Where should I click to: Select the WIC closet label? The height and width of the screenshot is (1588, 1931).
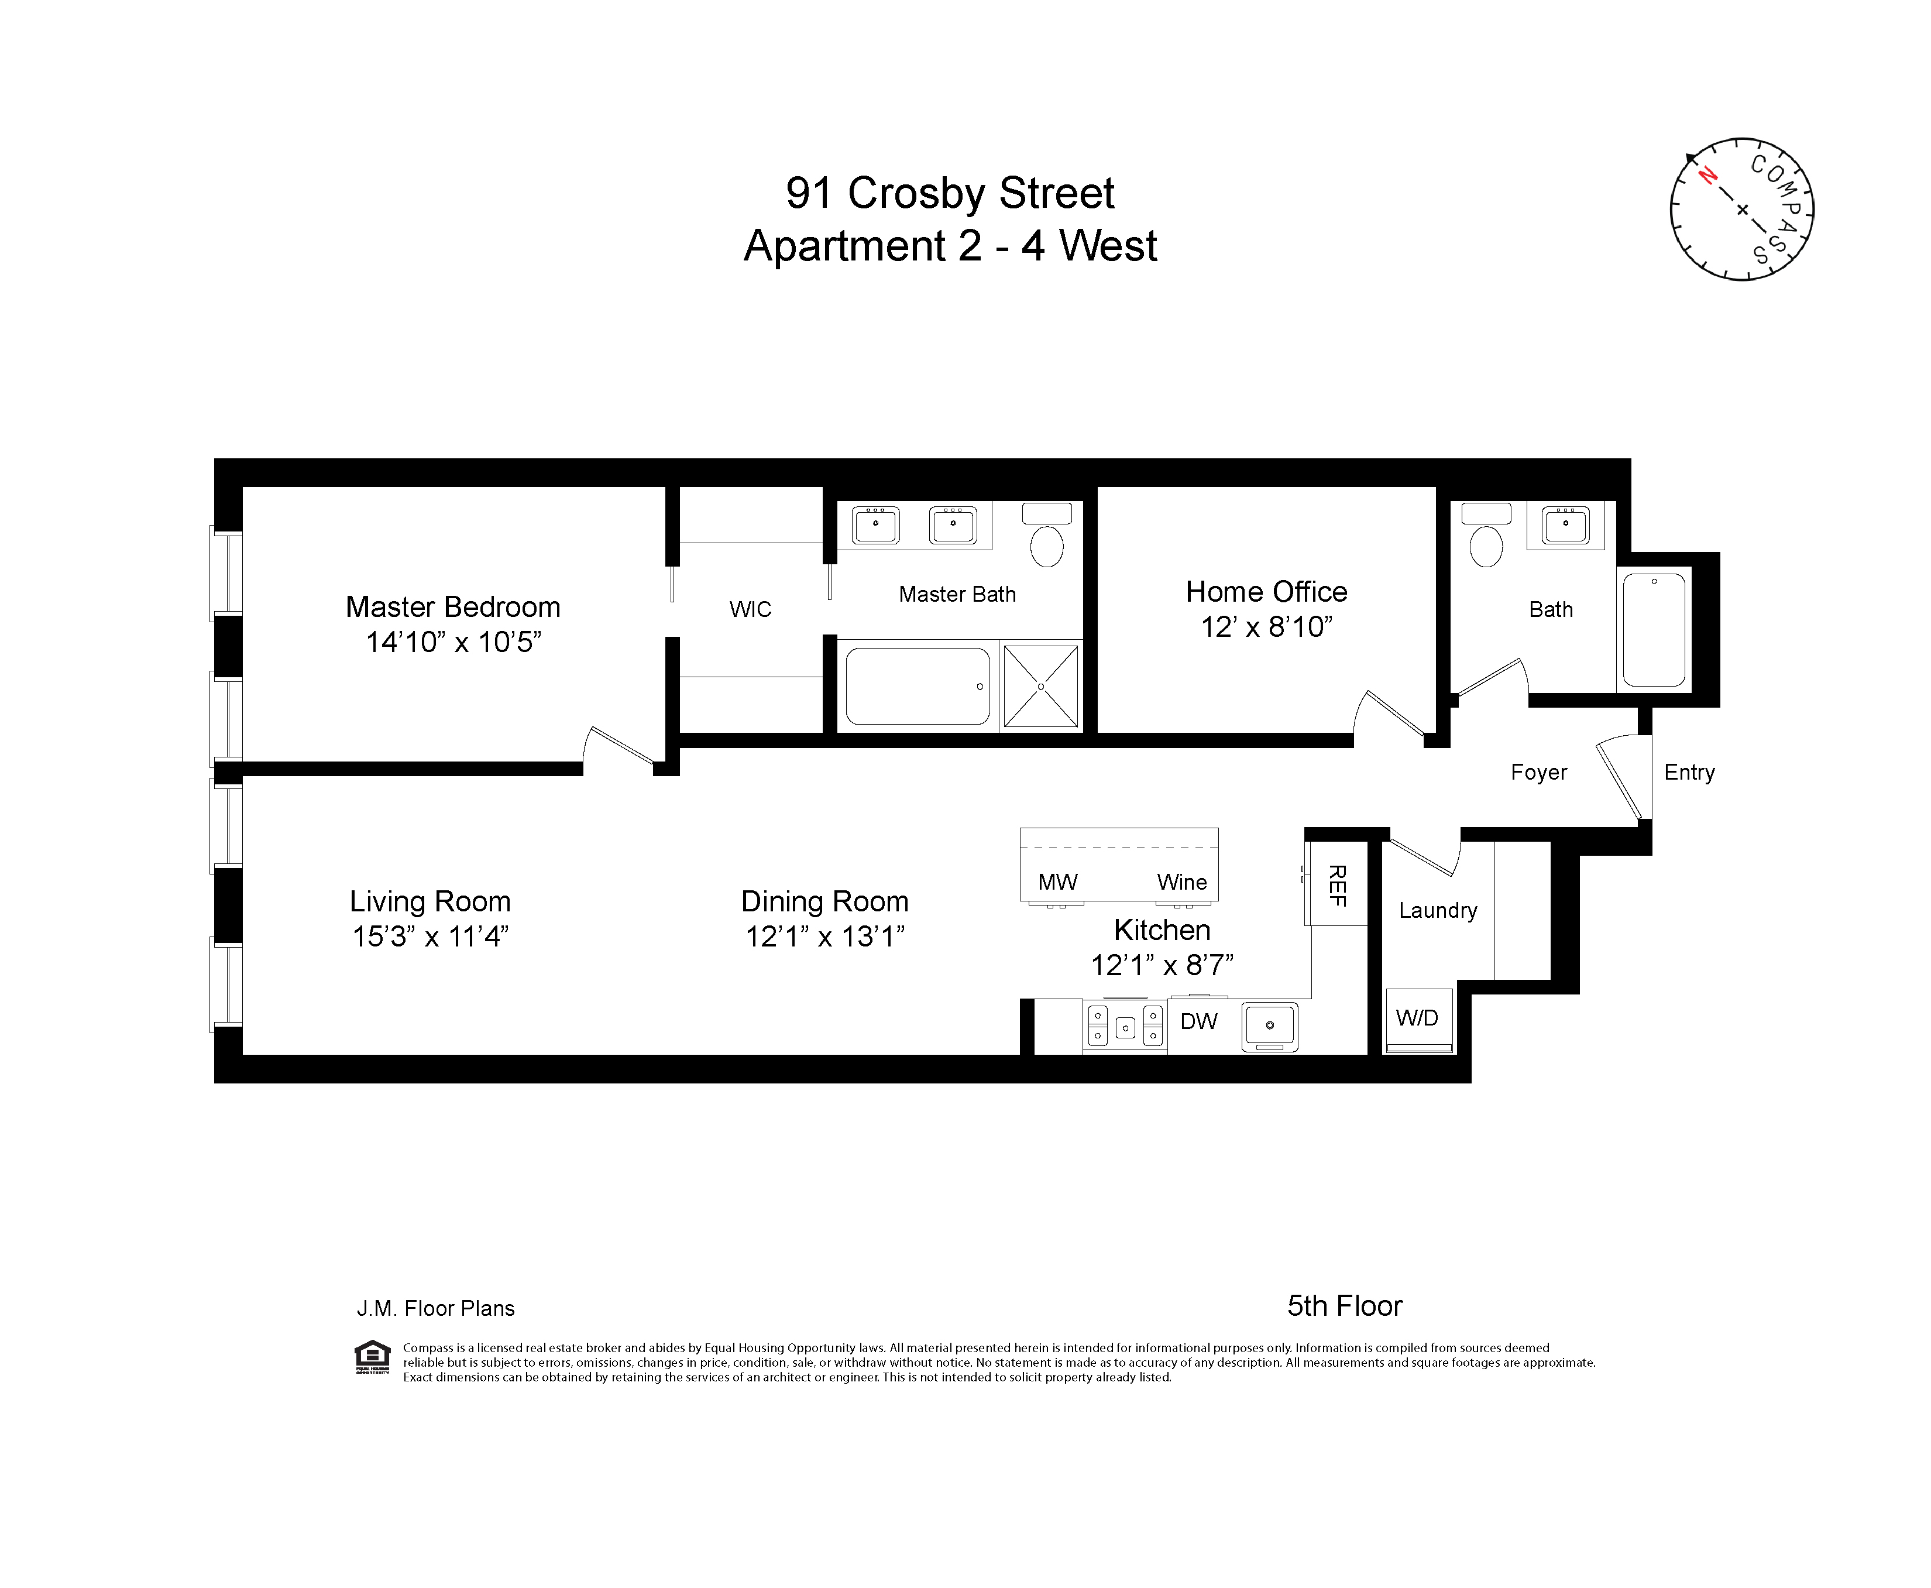tap(750, 609)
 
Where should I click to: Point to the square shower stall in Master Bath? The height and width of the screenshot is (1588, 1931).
tap(1040, 686)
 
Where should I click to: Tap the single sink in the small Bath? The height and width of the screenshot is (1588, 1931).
tap(1565, 525)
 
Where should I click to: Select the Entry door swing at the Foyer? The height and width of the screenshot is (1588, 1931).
tap(1623, 777)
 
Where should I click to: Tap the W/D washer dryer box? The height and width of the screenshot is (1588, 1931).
tap(1418, 1018)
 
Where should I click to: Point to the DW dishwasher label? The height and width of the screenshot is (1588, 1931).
tap(1198, 1022)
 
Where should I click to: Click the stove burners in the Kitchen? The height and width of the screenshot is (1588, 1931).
tap(1125, 1026)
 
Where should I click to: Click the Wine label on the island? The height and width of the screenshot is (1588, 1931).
tap(1181, 882)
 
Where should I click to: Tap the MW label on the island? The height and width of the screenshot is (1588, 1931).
tap(1058, 882)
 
